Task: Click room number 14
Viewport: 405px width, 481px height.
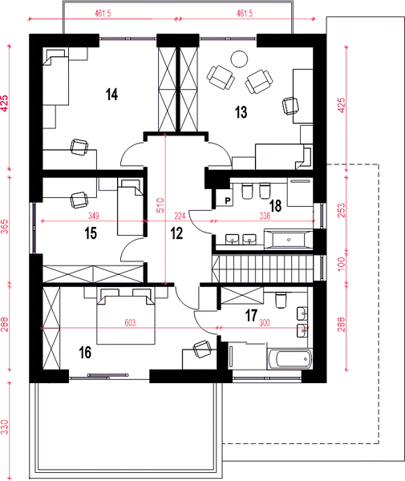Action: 112,94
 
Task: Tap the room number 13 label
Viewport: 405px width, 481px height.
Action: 241,112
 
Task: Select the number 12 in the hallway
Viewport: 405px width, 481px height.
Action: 176,233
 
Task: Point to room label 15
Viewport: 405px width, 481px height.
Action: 91,233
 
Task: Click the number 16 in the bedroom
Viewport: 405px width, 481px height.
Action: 85,353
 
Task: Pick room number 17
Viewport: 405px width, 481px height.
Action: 251,316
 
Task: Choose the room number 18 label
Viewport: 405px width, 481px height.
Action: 276,206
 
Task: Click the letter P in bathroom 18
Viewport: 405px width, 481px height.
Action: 228,201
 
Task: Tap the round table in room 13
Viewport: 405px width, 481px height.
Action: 239,59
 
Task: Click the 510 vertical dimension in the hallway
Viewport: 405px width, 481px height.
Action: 160,205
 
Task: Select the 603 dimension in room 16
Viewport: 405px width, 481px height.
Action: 130,323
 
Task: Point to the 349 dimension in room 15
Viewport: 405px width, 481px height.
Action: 94,216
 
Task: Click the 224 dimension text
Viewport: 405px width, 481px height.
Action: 180,216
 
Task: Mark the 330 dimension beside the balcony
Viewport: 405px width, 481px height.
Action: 4,426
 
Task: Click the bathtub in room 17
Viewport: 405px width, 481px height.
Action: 290,358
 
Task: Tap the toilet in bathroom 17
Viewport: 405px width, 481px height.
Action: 281,301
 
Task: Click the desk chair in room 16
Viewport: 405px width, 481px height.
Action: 202,349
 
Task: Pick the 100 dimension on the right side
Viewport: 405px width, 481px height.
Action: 341,264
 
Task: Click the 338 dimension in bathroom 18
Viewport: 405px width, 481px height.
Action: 265,216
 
